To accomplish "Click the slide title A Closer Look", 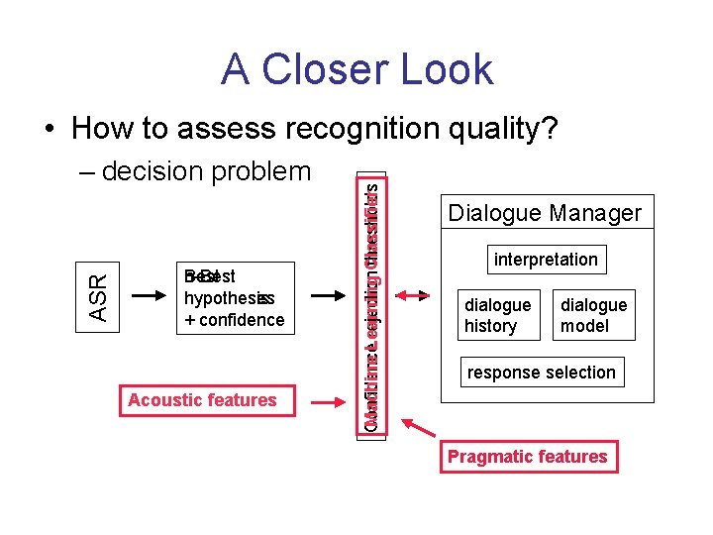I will [356, 69].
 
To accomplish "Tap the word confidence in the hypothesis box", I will [241, 320].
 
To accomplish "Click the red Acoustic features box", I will [202, 400].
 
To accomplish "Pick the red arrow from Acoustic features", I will [327, 400].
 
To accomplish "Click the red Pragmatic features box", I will [527, 457].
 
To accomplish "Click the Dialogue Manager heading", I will [545, 213].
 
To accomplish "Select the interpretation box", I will [546, 260].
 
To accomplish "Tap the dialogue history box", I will [497, 315].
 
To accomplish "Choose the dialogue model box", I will [594, 315].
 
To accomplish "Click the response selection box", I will [542, 373].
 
